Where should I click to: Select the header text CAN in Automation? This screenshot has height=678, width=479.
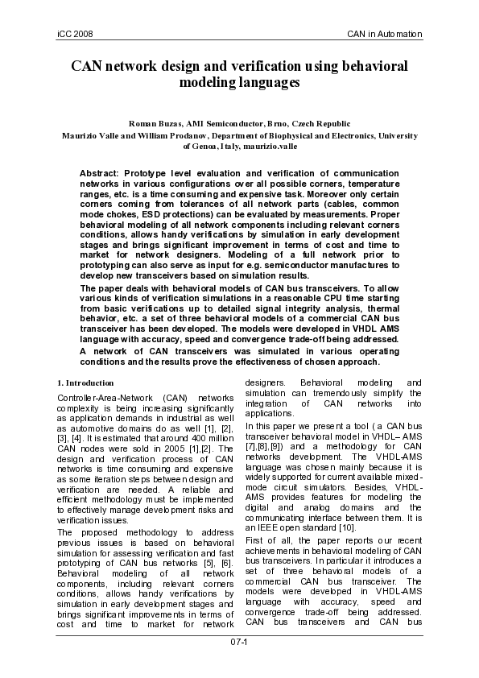[385, 34]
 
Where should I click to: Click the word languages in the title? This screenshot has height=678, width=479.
[264, 82]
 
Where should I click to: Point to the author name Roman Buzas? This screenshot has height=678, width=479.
[156, 123]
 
